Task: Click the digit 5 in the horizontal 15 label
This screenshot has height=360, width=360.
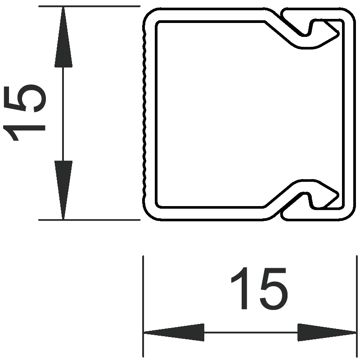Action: click(x=274, y=288)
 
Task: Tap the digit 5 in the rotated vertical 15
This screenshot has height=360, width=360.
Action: click(x=25, y=99)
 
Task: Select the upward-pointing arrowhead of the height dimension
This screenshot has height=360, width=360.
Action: click(x=63, y=37)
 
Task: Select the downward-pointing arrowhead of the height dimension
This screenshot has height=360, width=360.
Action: click(x=63, y=190)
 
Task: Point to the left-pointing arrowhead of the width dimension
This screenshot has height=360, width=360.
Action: click(x=174, y=332)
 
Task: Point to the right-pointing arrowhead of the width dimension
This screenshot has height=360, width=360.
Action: click(x=327, y=332)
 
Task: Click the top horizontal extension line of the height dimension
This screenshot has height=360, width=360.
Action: click(x=89, y=6)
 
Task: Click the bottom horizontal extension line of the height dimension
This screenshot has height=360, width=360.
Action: click(x=89, y=220)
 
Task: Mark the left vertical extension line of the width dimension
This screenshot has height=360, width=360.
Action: click(x=143, y=306)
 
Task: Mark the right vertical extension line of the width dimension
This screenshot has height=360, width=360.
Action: click(x=357, y=306)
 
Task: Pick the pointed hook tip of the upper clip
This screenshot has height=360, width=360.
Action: click(x=338, y=34)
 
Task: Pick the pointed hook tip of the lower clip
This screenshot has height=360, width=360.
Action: click(x=338, y=195)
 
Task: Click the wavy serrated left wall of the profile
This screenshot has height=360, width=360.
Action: click(x=144, y=114)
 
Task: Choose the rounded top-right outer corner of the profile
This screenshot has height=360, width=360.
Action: click(x=349, y=13)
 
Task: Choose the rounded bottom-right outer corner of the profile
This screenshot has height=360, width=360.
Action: click(x=349, y=216)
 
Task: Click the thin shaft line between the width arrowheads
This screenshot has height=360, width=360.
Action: click(x=251, y=332)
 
